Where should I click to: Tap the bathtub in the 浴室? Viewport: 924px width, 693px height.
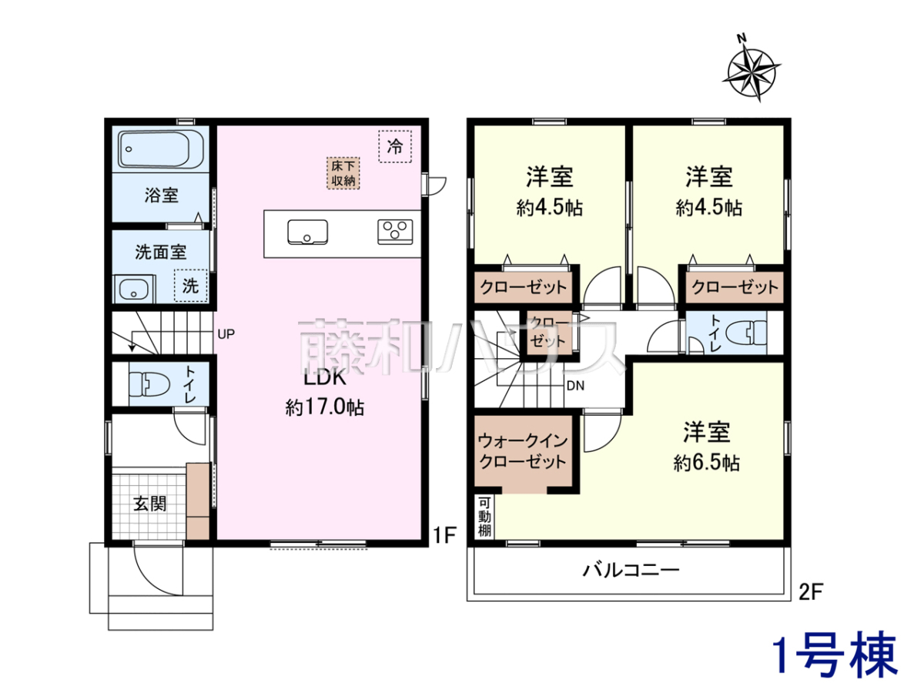point(161,149)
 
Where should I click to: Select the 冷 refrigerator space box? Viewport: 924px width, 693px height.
point(395,146)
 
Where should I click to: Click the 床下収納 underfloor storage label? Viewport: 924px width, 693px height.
point(343,173)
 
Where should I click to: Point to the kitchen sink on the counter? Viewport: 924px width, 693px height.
point(308,232)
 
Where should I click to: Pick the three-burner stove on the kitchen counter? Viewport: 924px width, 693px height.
point(395,232)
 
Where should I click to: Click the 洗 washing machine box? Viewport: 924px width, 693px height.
point(191,286)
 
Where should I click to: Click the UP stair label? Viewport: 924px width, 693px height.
point(226,334)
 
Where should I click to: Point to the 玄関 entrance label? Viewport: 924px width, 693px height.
point(150,504)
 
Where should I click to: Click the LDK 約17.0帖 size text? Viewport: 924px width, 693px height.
point(325,408)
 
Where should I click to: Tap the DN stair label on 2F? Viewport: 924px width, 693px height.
point(576,386)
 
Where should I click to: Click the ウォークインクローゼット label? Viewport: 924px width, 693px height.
point(523,451)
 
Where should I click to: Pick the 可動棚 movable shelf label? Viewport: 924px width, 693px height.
point(484,517)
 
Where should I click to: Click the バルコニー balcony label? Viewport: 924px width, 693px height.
point(631,570)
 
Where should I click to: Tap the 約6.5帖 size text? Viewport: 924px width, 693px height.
point(706,463)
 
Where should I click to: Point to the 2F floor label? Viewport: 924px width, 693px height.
point(811,592)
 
